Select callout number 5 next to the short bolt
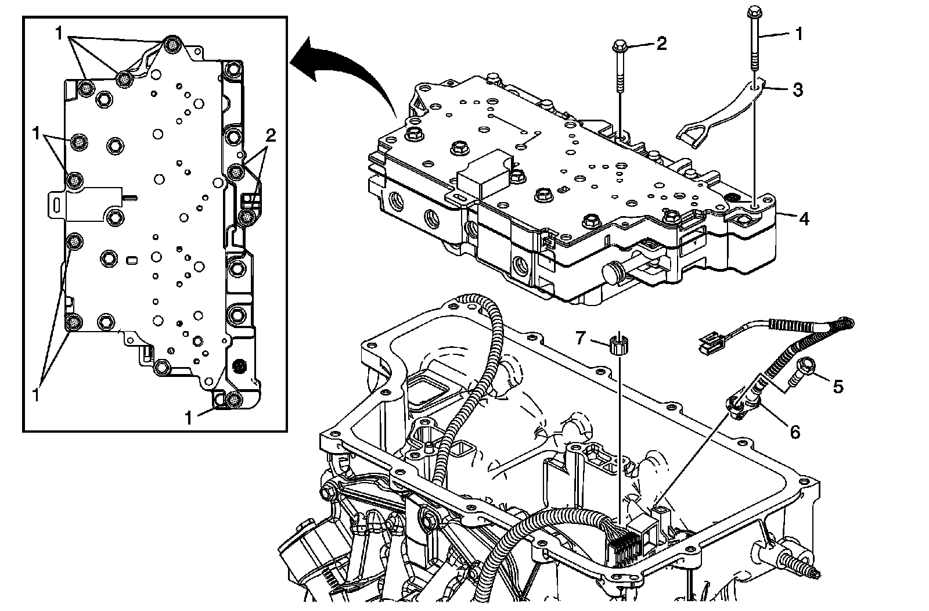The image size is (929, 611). pos(837,386)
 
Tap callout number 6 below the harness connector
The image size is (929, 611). pos(794,431)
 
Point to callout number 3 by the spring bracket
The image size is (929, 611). pos(798,89)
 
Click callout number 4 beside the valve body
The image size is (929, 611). pos(803,219)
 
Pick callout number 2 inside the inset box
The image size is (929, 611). pos(270,135)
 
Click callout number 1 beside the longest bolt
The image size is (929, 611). pos(798,34)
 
